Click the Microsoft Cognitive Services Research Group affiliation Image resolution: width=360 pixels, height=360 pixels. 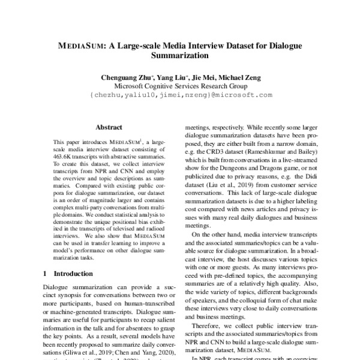click(180, 86)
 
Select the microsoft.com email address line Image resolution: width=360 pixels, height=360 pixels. click(180, 95)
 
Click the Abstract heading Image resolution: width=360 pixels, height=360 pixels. click(109, 127)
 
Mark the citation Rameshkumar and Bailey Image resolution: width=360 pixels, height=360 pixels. click(277, 156)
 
